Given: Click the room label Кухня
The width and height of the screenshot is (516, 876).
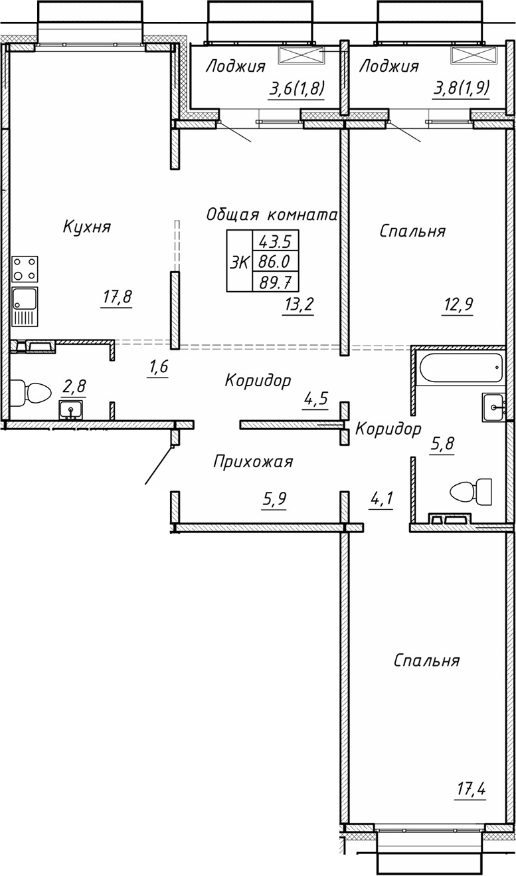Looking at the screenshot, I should [x=86, y=227].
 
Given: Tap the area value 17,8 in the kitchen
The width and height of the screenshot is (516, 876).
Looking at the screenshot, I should [x=118, y=297].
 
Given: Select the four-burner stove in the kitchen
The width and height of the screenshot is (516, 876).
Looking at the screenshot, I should [x=25, y=269].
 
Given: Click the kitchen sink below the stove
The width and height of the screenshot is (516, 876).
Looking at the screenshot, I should [x=25, y=306].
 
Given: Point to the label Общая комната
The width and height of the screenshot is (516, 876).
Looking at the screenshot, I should [x=272, y=215].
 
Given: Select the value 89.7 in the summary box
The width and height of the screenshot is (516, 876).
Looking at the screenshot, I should [x=275, y=282].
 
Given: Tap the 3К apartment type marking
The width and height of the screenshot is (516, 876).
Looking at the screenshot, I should [x=239, y=261].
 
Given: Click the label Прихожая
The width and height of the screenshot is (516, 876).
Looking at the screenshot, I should [x=253, y=461].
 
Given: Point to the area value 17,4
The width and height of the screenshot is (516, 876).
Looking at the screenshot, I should [x=471, y=790].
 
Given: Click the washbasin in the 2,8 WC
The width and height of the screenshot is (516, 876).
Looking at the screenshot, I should [x=71, y=409].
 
